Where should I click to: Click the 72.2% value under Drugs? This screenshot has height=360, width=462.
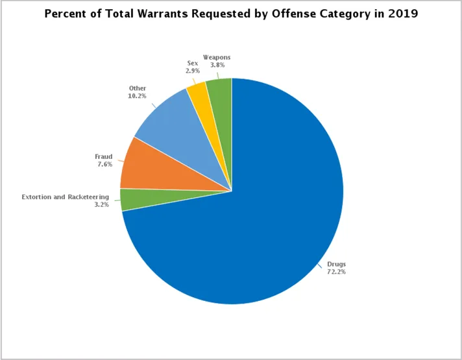[x=336, y=272]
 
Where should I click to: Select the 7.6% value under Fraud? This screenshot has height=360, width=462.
[x=104, y=164]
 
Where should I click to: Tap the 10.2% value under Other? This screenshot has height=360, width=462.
[x=137, y=95]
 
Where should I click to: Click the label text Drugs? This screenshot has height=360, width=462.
[x=336, y=264]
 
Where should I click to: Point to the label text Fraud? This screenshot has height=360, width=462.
[x=104, y=156]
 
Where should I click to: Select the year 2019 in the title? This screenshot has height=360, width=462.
[x=403, y=14]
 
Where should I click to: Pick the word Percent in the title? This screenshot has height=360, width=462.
[x=64, y=14]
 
